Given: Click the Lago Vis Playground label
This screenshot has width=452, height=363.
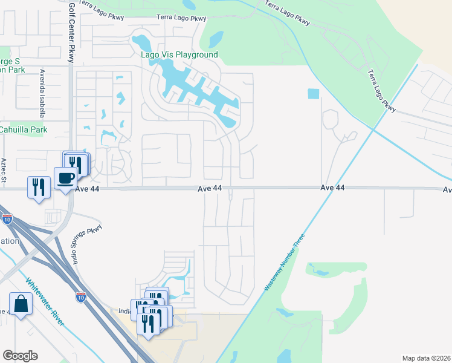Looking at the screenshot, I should click(179, 55).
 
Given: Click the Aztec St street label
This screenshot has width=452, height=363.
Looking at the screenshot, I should click(4, 170).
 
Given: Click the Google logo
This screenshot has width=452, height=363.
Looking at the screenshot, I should click(20, 356).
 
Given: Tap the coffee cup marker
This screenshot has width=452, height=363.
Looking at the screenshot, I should click(66, 178).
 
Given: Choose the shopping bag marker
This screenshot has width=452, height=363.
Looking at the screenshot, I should click(21, 304).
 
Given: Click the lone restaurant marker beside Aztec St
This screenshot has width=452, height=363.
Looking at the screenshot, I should click(39, 186).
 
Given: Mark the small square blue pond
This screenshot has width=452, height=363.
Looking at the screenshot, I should click(313, 94).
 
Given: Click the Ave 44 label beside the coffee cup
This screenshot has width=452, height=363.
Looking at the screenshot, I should click(88, 189).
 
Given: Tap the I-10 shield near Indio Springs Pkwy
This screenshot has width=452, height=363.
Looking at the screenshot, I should click(81, 296).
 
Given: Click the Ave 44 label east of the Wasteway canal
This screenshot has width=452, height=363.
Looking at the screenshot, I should click(332, 188).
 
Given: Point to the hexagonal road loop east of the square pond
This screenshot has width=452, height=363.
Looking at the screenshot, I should click(331, 119).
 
